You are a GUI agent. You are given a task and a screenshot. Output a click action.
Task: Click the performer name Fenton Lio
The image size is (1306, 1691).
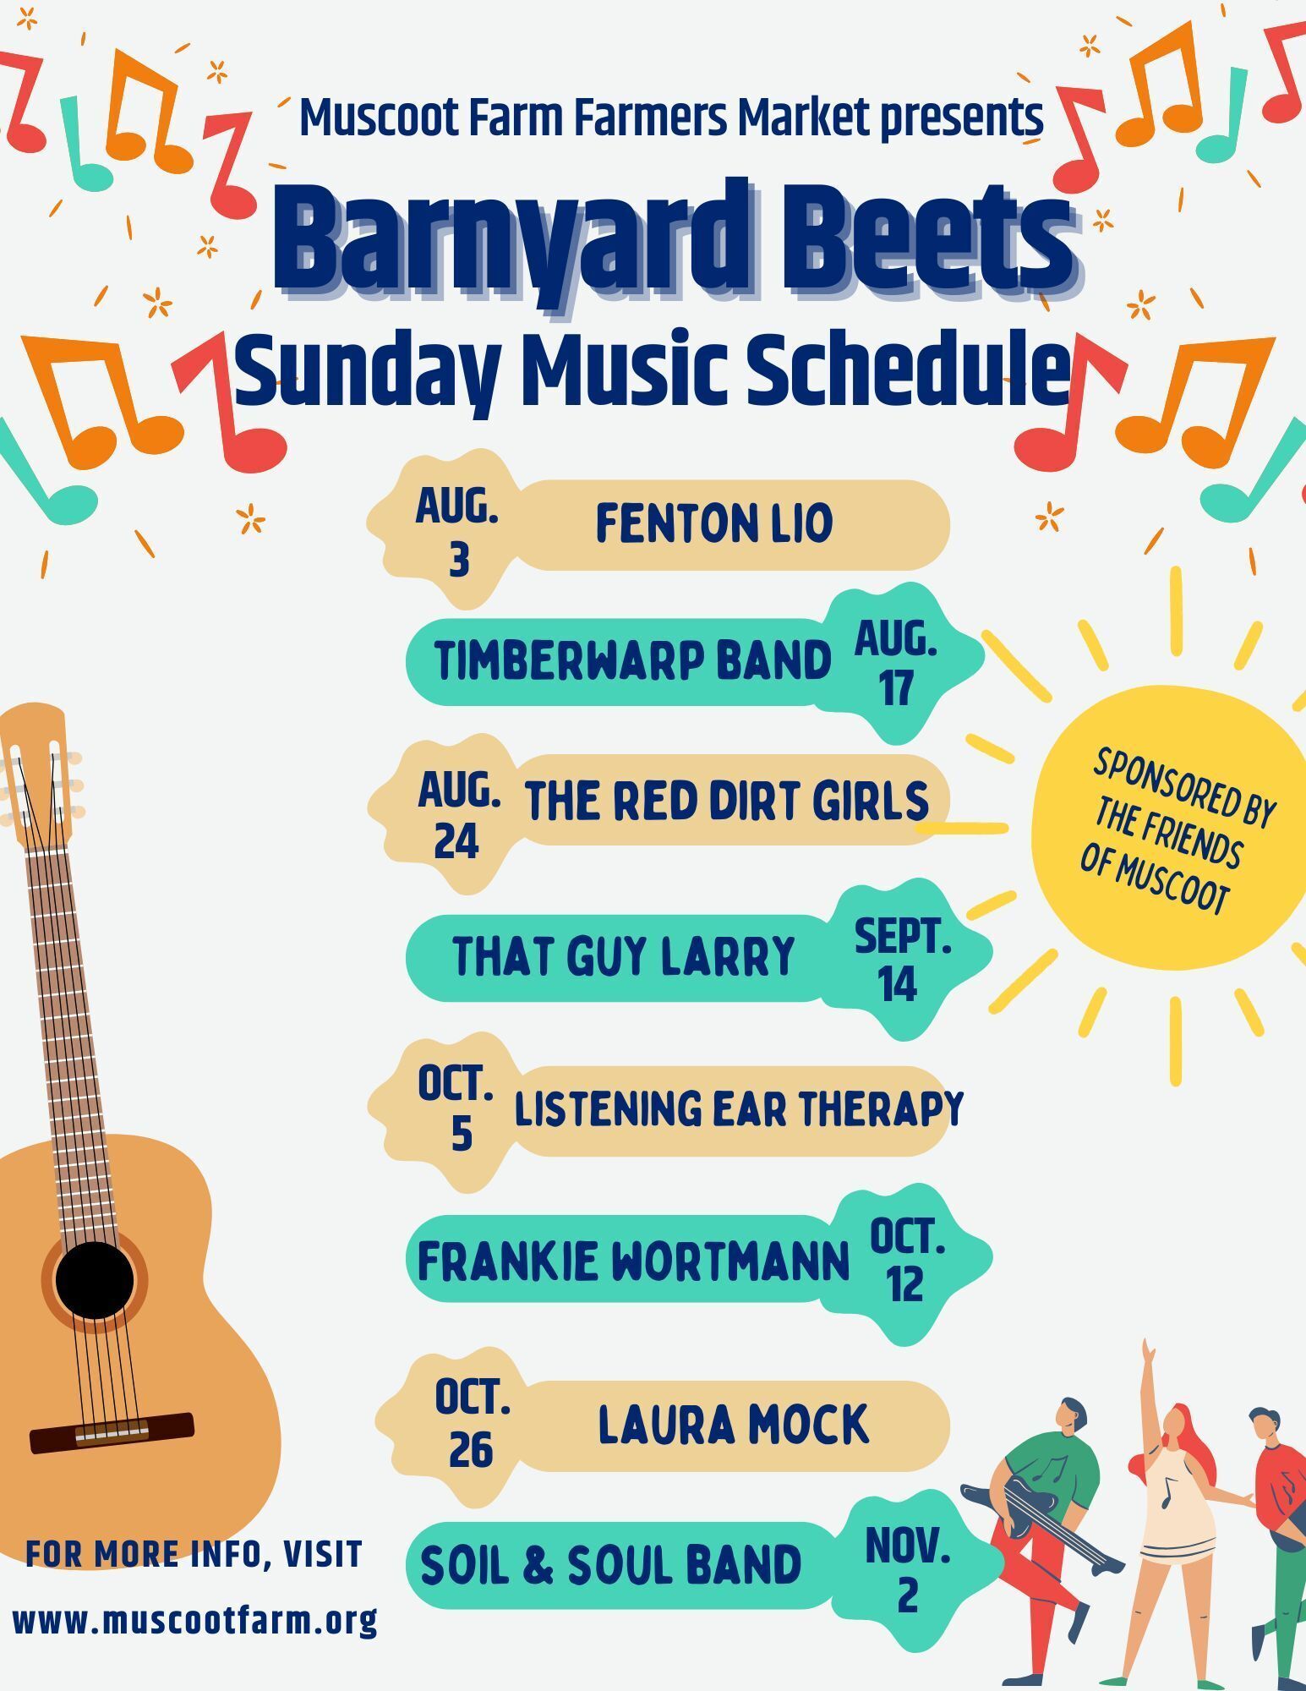point(714,523)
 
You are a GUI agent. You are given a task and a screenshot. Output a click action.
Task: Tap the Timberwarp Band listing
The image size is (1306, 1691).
point(633,660)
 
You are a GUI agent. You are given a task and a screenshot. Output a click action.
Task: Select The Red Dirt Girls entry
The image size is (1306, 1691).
point(727,801)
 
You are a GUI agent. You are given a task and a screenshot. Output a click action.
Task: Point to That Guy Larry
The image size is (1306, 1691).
point(624,956)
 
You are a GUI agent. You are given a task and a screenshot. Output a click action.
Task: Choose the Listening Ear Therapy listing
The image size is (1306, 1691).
point(739,1108)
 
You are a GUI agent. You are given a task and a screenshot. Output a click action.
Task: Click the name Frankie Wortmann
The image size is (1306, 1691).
point(633,1261)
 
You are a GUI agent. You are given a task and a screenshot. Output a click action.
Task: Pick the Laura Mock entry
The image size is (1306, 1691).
point(733,1425)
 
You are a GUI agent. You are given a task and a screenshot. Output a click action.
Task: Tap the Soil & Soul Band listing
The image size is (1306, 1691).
point(610,1565)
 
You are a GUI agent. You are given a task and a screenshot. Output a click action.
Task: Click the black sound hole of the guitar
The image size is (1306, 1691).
point(95,1280)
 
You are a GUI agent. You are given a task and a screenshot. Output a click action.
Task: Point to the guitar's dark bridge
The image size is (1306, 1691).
point(112,1432)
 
